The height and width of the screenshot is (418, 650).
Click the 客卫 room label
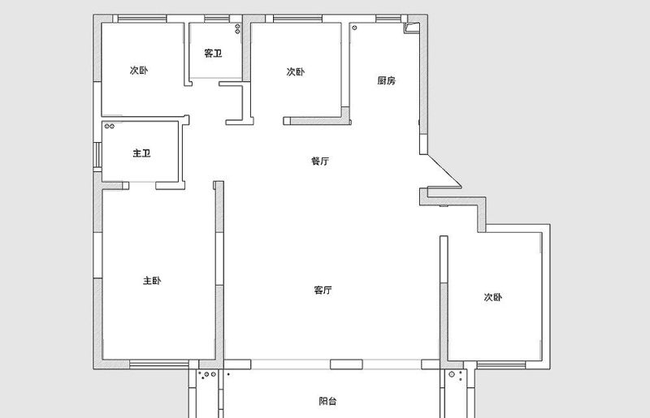[x=213, y=54]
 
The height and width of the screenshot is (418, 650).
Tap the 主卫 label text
[x=141, y=153]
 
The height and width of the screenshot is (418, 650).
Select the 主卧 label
[x=152, y=281]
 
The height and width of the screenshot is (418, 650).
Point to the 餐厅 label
[x=320, y=161]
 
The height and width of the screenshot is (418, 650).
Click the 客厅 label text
[x=323, y=290]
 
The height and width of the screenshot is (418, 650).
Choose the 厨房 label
[x=387, y=80]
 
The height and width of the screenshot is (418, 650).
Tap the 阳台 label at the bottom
[x=327, y=401]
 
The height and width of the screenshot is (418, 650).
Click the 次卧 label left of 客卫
[x=139, y=70]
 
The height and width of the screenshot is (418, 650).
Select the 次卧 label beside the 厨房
[x=295, y=71]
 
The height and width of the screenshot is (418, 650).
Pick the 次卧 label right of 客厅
[x=493, y=297]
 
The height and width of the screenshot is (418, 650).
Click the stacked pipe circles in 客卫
[x=237, y=28]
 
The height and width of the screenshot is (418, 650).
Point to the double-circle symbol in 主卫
[x=109, y=126]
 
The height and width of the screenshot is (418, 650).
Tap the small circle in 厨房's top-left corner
[x=354, y=28]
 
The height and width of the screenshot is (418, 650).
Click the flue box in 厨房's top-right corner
[x=412, y=28]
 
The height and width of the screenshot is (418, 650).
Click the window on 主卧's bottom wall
[x=159, y=364]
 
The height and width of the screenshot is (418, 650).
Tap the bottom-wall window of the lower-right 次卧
[x=501, y=364]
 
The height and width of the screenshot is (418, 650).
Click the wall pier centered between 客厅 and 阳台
[x=346, y=364]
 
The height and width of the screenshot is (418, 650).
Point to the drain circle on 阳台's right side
[x=452, y=374]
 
